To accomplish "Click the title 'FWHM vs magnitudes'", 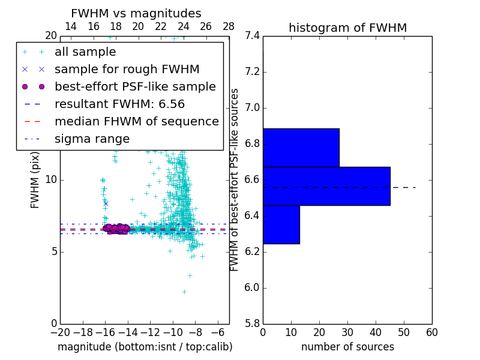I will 136,13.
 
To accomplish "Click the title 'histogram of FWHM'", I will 347,28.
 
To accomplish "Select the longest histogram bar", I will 326,186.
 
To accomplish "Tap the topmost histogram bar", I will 301,148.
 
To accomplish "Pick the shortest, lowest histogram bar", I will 281,224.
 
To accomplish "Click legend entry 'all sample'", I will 85,52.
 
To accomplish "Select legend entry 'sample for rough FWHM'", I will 127,69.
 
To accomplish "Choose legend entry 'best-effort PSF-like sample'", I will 135,86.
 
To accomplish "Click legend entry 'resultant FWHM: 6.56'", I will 126,104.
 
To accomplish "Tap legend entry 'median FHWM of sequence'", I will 136,121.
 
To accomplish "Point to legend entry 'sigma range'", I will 92,139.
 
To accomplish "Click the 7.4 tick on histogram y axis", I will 253,36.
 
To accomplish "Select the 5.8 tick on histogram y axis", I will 253,323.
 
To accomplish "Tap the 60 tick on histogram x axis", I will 431,332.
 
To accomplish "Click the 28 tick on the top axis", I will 229,26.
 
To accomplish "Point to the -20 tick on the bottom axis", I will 60,332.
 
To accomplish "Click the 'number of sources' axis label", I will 347,347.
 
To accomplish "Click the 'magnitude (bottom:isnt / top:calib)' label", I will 145,347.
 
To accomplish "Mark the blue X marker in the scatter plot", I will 106,203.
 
